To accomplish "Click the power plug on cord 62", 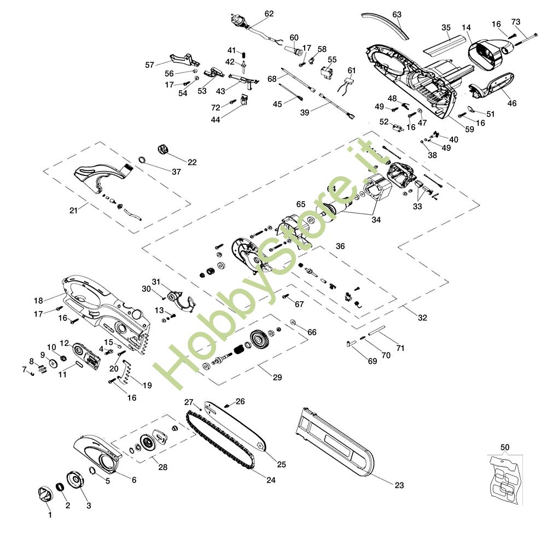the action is point(238,20).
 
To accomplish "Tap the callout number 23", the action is point(399,485).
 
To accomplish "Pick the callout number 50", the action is point(505,447).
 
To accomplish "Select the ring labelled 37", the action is point(142,160).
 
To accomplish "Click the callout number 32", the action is point(422,318).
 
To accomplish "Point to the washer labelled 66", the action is point(293,321).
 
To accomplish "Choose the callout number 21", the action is point(73,210).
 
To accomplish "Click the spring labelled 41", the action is point(244,55).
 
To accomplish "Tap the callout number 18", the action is point(38,301).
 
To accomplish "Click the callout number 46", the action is point(512,103).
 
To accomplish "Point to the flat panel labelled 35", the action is point(444,44).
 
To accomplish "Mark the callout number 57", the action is point(149,65).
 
